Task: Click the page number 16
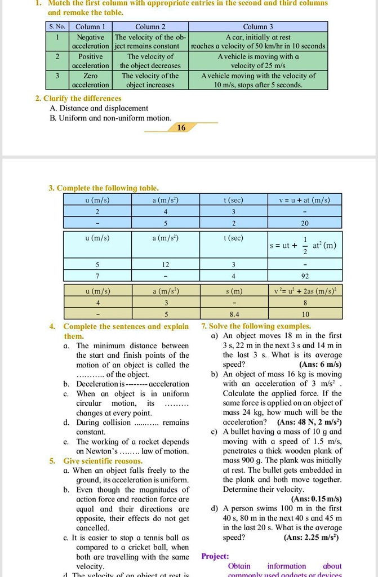(x=181, y=128)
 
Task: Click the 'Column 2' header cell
(x=150, y=26)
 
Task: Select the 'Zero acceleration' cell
(x=91, y=80)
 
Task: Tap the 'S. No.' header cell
(x=57, y=26)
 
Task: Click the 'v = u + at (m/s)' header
(x=305, y=200)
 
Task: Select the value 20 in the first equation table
(x=305, y=223)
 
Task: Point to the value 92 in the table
(x=305, y=276)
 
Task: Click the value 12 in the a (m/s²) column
(x=166, y=264)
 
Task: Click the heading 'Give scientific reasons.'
(x=103, y=461)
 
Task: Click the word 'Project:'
(x=215, y=556)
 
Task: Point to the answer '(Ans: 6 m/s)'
(x=321, y=365)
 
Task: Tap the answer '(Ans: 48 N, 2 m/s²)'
(x=309, y=422)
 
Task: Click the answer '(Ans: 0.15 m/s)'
(x=316, y=499)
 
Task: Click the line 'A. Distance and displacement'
(x=99, y=108)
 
